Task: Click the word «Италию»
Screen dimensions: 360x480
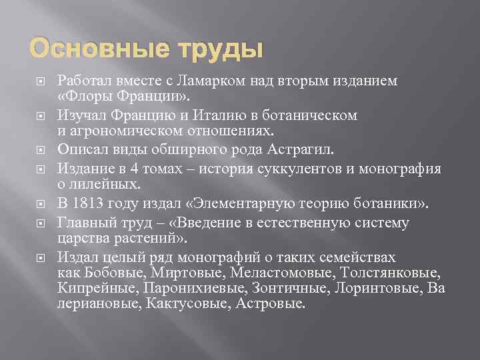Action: pos(213,115)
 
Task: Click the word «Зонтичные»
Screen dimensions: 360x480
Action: pos(279,288)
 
